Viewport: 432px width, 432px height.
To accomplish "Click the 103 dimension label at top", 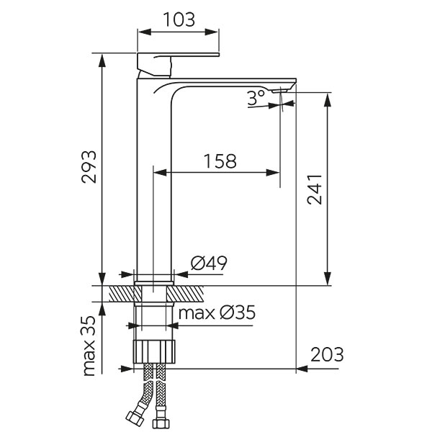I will click(178, 19).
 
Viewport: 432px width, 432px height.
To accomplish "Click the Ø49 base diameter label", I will click(209, 264).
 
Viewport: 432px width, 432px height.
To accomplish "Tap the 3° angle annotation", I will click(256, 99).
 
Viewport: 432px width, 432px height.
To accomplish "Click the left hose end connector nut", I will click(134, 417).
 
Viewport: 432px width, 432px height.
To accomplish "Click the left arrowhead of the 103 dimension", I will click(143, 32).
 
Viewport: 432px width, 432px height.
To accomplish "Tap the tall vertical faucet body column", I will click(155, 180).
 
